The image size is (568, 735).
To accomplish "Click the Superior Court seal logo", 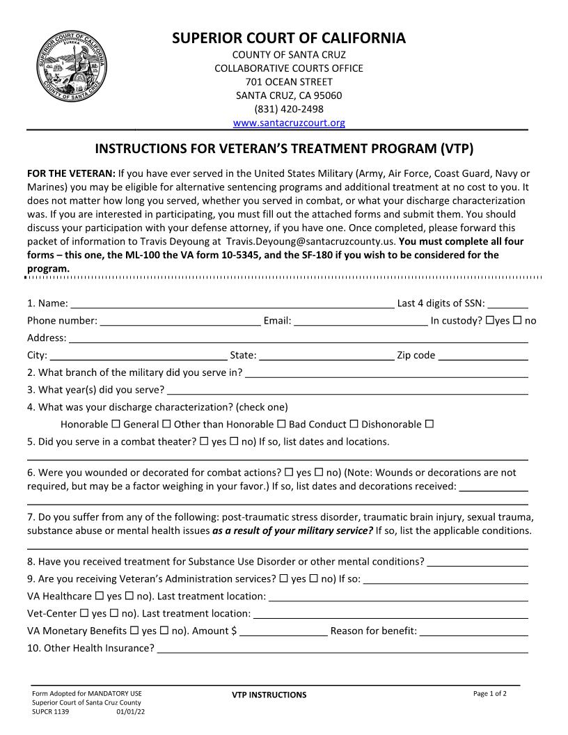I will pos(72,68).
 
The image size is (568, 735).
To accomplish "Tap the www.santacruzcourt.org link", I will pos(289,123).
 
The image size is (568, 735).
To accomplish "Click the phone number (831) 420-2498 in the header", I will pos(289,109).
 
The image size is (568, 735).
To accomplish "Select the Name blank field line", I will pos(232,304).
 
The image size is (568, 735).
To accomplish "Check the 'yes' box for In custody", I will pos(490,320).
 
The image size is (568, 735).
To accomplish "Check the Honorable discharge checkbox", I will pos(116,424).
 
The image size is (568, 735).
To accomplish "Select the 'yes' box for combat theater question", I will pos(205,441).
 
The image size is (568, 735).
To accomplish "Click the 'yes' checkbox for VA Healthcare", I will pos(100,596).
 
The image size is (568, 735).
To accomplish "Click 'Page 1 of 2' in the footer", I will pos(490,694).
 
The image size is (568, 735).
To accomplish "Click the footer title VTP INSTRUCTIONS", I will pos(269,695).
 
